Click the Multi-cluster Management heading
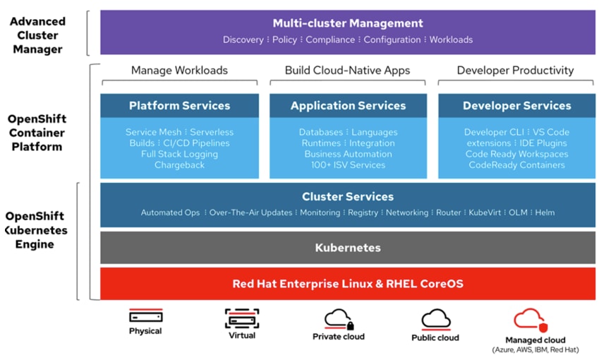348,23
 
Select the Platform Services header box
179,106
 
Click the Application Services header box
348,106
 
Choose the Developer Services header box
516,106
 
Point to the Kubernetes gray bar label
348,248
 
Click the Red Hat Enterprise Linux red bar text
348,284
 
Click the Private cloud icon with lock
339,319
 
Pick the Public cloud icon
435,319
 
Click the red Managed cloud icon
530,320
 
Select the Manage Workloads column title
179,71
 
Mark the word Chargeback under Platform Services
179,165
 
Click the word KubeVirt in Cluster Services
485,212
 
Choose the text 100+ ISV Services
348,165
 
